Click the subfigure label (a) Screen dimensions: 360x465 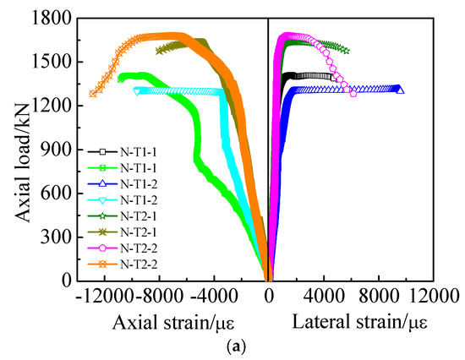tap(269, 346)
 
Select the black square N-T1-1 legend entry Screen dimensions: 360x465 tap(118, 151)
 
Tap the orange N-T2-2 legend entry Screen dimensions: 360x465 tap(118, 264)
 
